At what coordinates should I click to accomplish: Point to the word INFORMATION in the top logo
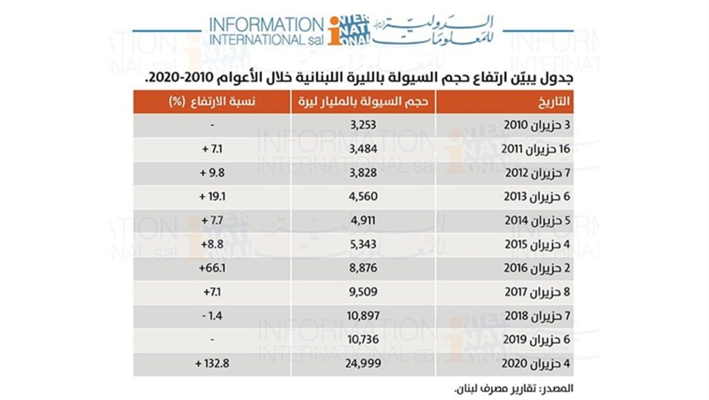(x=266, y=24)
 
